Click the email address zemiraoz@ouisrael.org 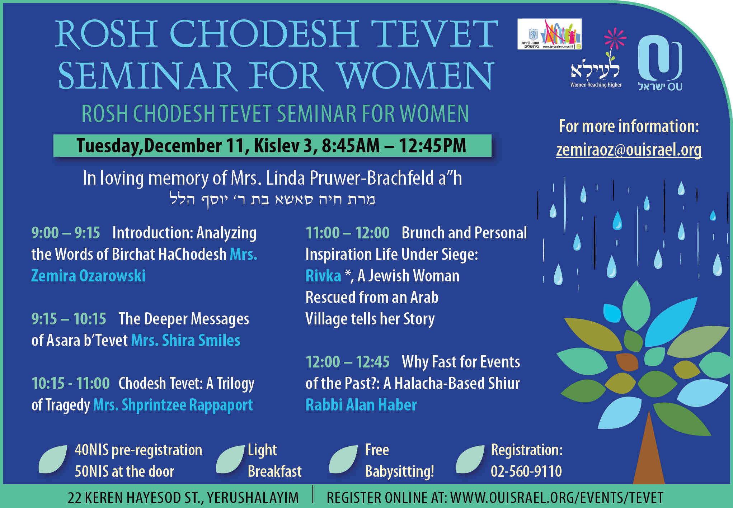click(629, 150)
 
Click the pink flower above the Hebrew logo click(615, 39)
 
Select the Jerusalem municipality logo click(549, 34)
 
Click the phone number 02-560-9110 click(526, 471)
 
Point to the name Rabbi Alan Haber click(361, 405)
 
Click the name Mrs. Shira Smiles click(185, 340)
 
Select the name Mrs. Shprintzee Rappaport click(173, 405)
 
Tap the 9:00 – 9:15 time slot click(66, 233)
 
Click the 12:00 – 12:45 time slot click(347, 362)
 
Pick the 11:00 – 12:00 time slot click(347, 233)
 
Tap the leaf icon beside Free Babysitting click(343, 460)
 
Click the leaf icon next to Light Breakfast click(230, 460)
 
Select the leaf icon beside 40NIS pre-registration click(53, 460)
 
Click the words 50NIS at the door click(124, 471)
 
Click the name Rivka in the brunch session click(323, 276)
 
